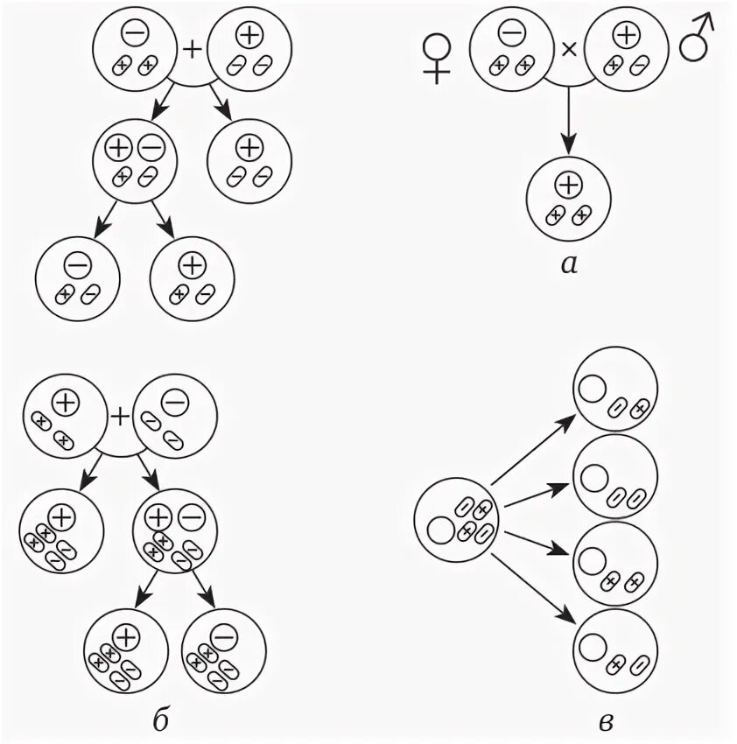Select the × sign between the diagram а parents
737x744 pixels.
pyautogui.click(x=568, y=50)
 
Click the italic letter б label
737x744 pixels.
pyautogui.click(x=160, y=719)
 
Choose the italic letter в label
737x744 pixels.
pyautogui.click(x=605, y=719)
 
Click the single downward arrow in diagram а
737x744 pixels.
pyautogui.click(x=569, y=118)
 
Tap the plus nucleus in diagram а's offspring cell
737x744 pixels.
pyautogui.click(x=569, y=185)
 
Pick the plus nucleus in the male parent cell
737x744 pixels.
pyautogui.click(x=626, y=35)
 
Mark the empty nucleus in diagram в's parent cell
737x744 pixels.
pyautogui.click(x=439, y=530)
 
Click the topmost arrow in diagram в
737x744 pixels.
pyautogui.click(x=531, y=449)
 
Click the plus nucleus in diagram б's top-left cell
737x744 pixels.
pyautogui.click(x=65, y=404)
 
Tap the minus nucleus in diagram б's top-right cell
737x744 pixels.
pyautogui.click(x=174, y=404)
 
